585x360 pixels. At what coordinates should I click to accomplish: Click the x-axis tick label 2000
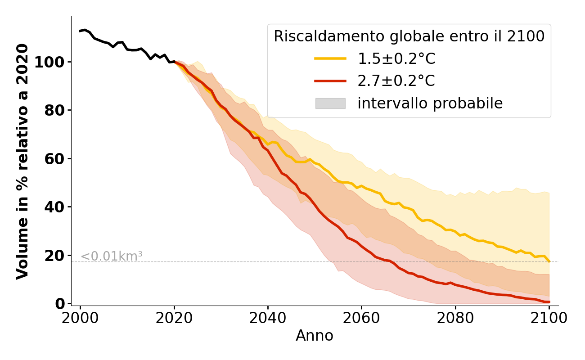[x=81, y=318]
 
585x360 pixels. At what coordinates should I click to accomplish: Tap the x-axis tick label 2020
[x=174, y=318]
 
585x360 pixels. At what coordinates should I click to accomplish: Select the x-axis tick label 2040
[x=268, y=318]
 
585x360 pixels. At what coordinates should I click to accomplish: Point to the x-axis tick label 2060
[x=361, y=318]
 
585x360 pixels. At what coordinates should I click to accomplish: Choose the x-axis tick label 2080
[x=455, y=318]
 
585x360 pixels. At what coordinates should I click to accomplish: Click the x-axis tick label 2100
[x=549, y=318]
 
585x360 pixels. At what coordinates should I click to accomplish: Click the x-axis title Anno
[x=315, y=336]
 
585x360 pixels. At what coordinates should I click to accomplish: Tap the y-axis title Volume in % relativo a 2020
[x=22, y=161]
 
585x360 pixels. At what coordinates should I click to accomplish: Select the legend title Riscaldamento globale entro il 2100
[x=409, y=36]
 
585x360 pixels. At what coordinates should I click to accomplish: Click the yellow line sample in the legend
[x=330, y=58]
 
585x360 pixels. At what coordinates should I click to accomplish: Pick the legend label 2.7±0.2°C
[x=396, y=81]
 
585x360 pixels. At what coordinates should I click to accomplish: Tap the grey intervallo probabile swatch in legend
[x=330, y=103]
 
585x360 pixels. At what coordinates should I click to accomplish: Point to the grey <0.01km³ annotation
[x=112, y=256]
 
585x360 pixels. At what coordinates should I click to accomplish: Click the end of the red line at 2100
[x=549, y=302]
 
